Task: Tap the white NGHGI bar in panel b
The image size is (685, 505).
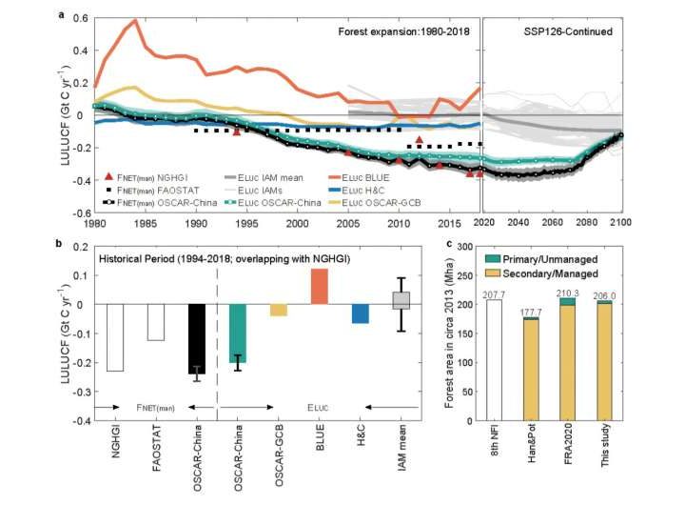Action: (x=115, y=337)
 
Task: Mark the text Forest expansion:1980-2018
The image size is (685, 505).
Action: (x=404, y=30)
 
